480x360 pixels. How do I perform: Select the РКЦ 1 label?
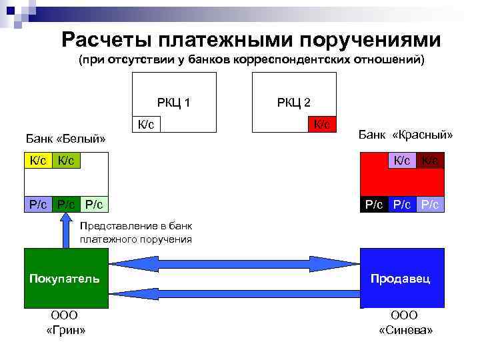pyautogui.click(x=173, y=103)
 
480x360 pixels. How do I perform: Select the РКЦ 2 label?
pyautogui.click(x=293, y=103)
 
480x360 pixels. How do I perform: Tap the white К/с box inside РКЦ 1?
pyautogui.click(x=147, y=124)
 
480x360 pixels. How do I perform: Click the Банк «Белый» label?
pyautogui.click(x=66, y=139)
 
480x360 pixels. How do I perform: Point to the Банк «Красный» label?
pyautogui.click(x=405, y=135)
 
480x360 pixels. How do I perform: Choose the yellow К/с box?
pyautogui.click(x=38, y=160)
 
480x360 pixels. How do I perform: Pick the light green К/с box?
pyautogui.click(x=66, y=160)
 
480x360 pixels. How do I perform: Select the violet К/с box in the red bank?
pyautogui.click(x=402, y=160)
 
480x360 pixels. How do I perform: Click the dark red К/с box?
pyautogui.click(x=431, y=160)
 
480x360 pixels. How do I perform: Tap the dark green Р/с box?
pyautogui.click(x=66, y=204)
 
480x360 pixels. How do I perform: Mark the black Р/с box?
pyautogui.click(x=374, y=204)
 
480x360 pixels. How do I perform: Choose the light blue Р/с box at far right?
pyautogui.click(x=430, y=204)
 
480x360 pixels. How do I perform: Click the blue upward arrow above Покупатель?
pyautogui.click(x=66, y=229)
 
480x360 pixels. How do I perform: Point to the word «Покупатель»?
pyautogui.click(x=65, y=278)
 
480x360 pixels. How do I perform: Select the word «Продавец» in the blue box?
pyautogui.click(x=401, y=278)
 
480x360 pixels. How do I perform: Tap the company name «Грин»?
pyautogui.click(x=65, y=330)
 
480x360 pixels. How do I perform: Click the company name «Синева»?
pyautogui.click(x=405, y=330)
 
